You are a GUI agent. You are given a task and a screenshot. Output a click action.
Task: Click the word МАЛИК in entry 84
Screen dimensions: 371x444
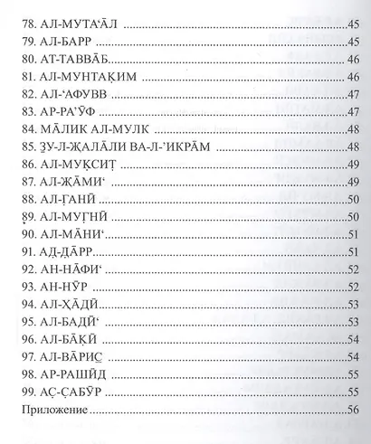coord(56,149)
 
